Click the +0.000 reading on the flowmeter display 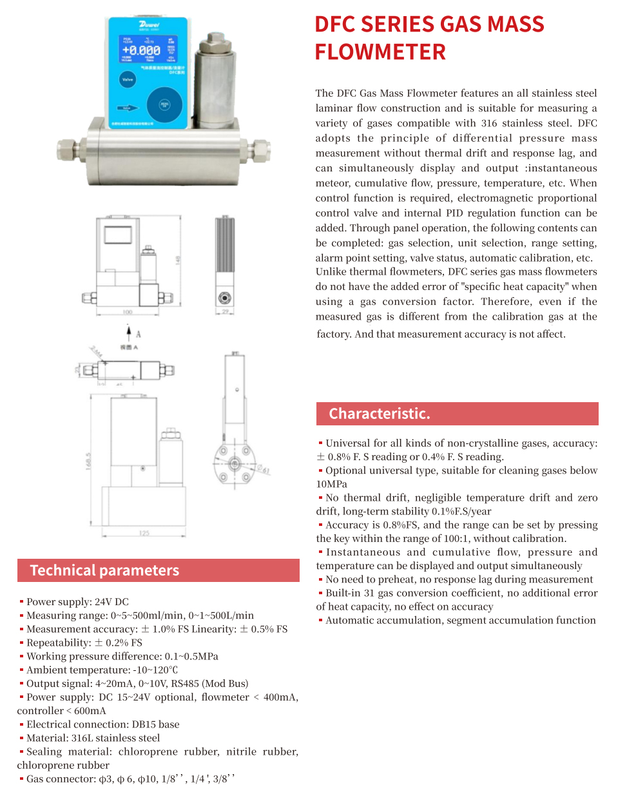[142, 50]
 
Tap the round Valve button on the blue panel [127, 79]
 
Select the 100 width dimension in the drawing [129, 312]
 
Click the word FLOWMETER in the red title [380, 52]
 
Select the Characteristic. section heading [379, 414]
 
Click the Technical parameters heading [104, 570]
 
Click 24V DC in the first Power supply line [111, 602]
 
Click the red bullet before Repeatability [21, 643]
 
